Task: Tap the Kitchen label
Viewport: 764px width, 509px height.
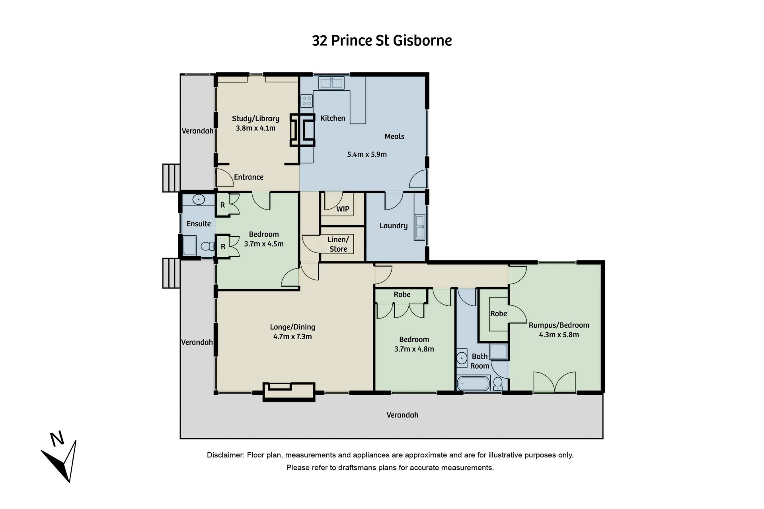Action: [x=333, y=118]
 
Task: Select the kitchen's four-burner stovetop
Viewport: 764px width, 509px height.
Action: [x=306, y=101]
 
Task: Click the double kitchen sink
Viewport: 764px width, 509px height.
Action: [x=331, y=83]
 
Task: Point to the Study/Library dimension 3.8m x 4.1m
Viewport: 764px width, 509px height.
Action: [x=255, y=128]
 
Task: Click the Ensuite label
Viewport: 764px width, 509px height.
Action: [x=199, y=224]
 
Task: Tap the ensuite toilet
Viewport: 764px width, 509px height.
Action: [x=207, y=246]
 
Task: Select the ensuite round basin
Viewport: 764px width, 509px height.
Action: [x=199, y=200]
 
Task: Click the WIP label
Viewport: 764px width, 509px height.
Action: [x=343, y=209]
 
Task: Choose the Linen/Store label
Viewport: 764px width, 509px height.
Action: [x=338, y=244]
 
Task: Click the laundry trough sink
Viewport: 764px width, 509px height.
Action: [x=419, y=227]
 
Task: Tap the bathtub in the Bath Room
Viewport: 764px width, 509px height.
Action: [x=473, y=384]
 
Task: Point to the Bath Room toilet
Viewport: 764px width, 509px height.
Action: [x=497, y=383]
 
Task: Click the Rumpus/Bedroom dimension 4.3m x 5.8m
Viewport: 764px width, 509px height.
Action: [x=559, y=335]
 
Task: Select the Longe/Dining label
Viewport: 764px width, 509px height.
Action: [x=292, y=327]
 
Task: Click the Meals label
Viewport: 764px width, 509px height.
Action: [x=394, y=136]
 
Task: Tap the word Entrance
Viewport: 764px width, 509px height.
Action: [x=249, y=177]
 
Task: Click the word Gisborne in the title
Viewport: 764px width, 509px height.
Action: [x=423, y=41]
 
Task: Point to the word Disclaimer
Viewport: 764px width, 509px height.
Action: [x=225, y=455]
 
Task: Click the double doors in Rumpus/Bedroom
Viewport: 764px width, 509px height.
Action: [x=555, y=382]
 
